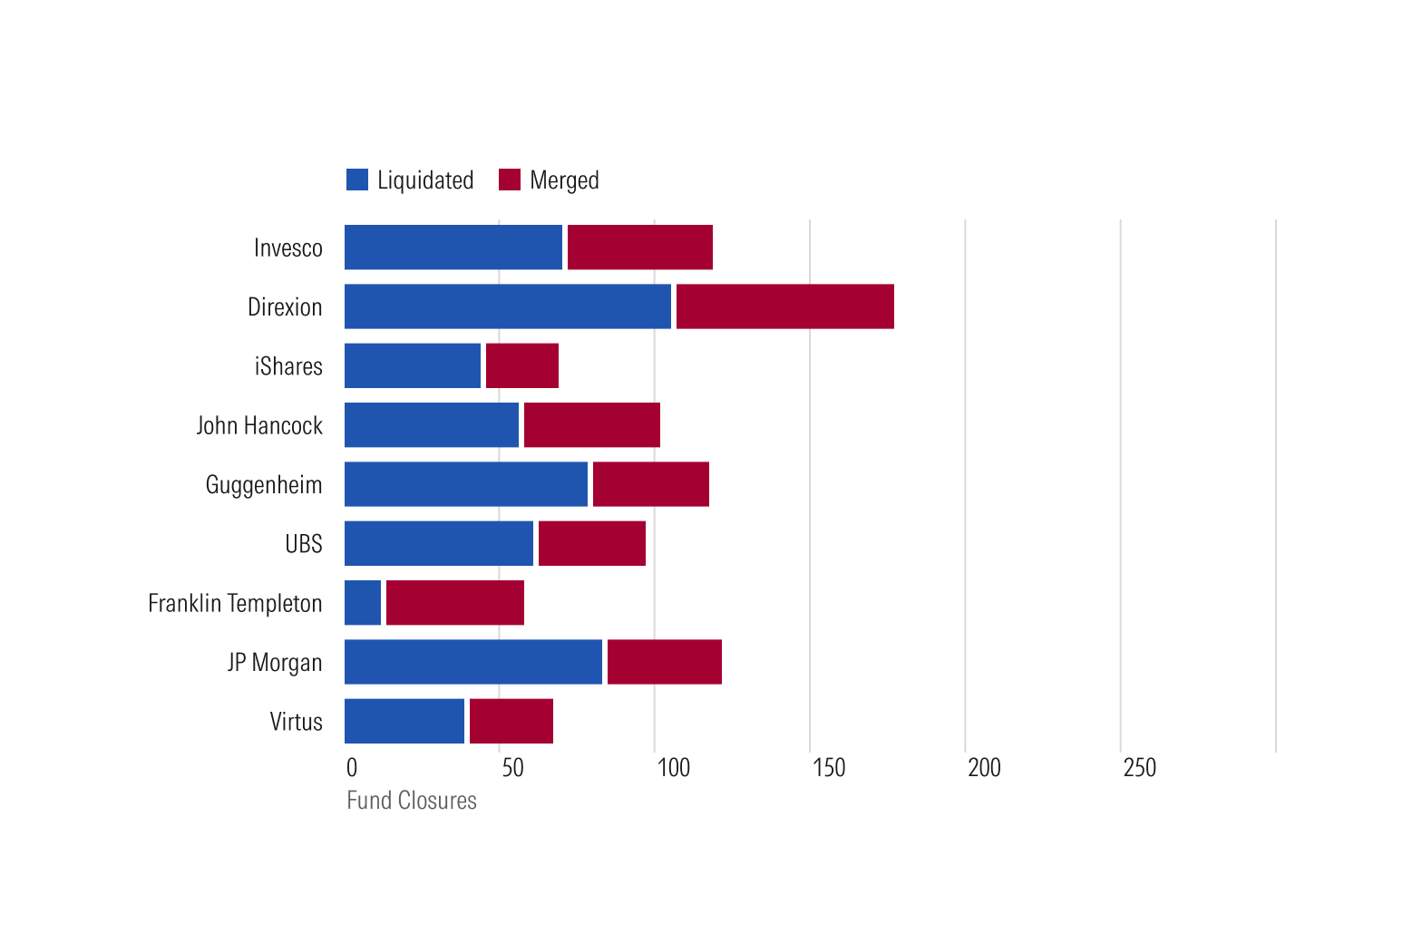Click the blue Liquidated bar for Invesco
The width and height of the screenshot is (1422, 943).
(x=453, y=248)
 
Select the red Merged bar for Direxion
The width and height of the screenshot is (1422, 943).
(x=784, y=306)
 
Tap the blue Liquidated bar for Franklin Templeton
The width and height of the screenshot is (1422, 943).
(x=363, y=603)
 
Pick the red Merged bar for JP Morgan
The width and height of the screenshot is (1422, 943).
(x=664, y=662)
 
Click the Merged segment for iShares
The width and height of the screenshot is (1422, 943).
(x=522, y=365)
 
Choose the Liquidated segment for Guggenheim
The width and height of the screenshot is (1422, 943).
(x=466, y=484)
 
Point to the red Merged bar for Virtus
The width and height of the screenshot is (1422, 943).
(x=511, y=721)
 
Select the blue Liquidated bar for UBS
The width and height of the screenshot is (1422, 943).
(x=439, y=543)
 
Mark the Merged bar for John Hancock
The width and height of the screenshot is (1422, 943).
(x=592, y=424)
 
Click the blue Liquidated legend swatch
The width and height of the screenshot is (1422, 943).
(x=357, y=180)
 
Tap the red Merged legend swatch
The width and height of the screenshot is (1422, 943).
(x=510, y=180)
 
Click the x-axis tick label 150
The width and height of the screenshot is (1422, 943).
(x=829, y=768)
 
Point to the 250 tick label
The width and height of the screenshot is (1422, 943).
(x=1140, y=768)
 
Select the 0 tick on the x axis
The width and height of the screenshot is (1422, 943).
(x=352, y=768)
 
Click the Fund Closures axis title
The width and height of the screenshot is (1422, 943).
(x=412, y=801)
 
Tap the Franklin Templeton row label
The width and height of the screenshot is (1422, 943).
(x=235, y=603)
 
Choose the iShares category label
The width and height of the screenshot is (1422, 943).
(x=288, y=366)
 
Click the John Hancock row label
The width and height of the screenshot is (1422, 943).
(x=259, y=425)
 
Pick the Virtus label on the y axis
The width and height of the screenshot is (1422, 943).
(x=296, y=722)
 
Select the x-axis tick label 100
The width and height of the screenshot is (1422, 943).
(x=674, y=768)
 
